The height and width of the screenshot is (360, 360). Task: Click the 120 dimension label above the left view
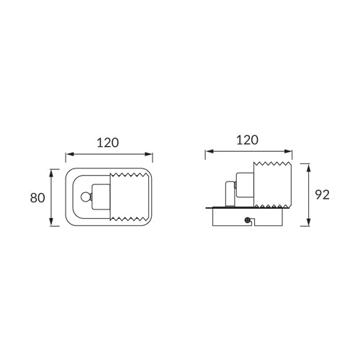point(108,143)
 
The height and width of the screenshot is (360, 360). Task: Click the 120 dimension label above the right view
point(248,140)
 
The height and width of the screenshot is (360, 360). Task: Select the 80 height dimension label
point(37,198)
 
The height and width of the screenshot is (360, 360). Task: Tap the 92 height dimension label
point(323,195)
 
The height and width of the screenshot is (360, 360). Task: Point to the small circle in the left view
point(85,197)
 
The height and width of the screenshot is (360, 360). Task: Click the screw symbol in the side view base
point(247,220)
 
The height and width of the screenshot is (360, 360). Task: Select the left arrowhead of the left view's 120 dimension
point(70,154)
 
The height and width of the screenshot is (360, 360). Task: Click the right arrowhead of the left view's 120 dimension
point(148,154)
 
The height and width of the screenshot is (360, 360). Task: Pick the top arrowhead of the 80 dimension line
point(51,173)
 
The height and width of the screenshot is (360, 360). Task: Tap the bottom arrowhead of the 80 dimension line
point(51,222)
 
